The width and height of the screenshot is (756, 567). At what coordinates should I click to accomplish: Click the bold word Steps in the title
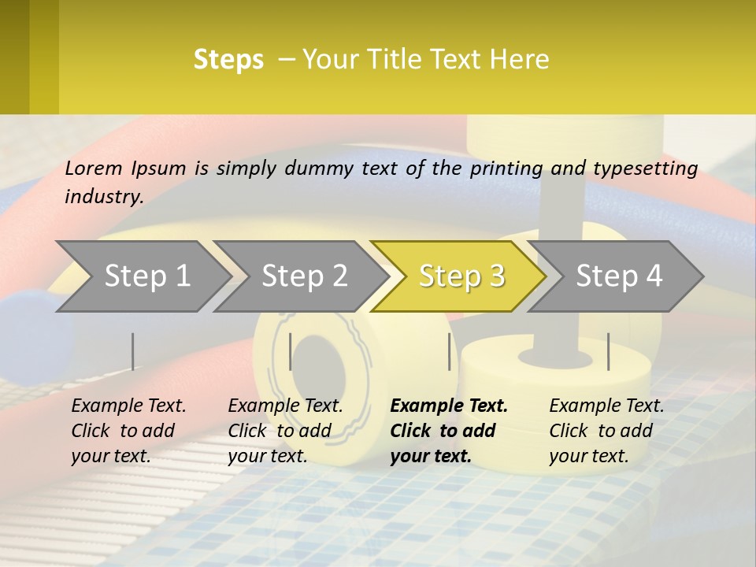pyautogui.click(x=228, y=60)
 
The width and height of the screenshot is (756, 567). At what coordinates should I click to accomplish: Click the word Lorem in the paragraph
pyautogui.click(x=94, y=169)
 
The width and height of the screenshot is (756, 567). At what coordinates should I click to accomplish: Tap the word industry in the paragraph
pyautogui.click(x=104, y=196)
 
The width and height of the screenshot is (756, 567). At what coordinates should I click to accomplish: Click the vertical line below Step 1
pyautogui.click(x=133, y=351)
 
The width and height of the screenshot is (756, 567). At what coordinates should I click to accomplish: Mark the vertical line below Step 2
pyautogui.click(x=291, y=351)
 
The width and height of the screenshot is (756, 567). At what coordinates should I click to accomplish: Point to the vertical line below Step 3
pyautogui.click(x=450, y=351)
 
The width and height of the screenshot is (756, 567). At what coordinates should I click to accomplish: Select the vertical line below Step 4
pyautogui.click(x=608, y=351)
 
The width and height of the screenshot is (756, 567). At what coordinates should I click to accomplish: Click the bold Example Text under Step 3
pyautogui.click(x=449, y=406)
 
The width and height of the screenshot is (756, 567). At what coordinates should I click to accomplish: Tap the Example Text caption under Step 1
pyautogui.click(x=128, y=406)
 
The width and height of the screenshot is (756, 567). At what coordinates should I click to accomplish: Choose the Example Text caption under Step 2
pyautogui.click(x=285, y=406)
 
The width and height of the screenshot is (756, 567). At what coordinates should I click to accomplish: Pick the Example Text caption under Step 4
pyautogui.click(x=606, y=406)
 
